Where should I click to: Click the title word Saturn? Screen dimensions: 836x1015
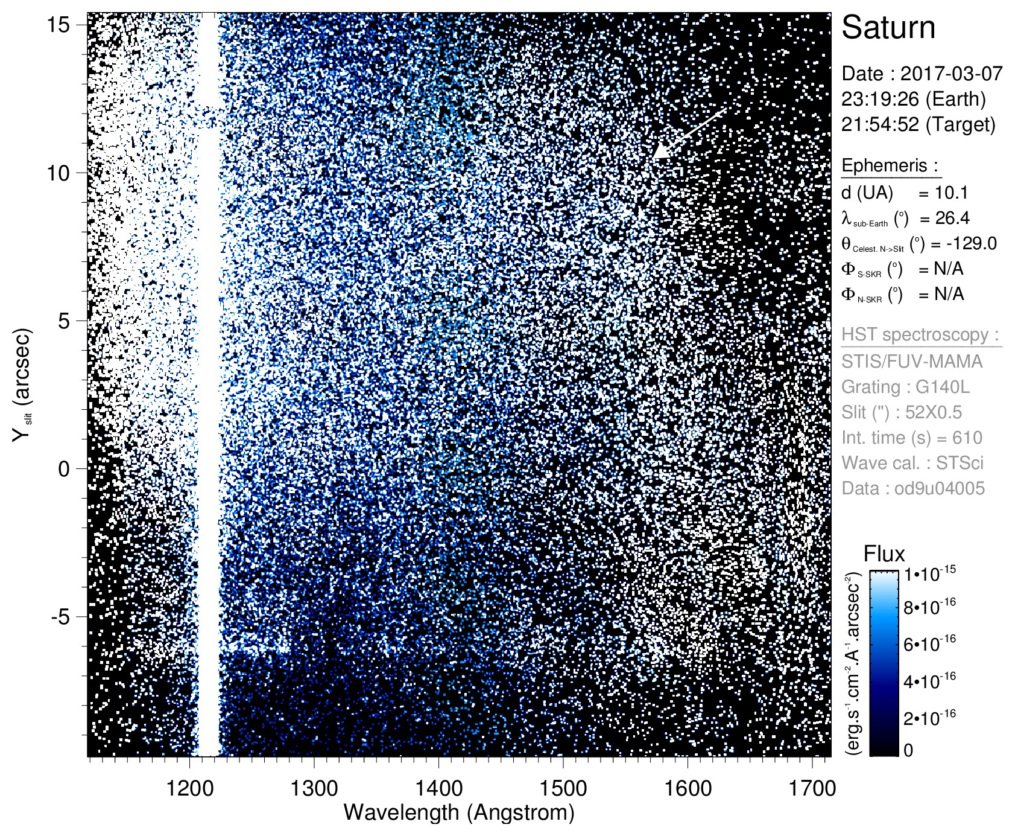888,28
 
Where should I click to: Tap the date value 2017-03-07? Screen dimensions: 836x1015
951,74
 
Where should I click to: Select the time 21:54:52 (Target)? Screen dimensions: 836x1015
918,124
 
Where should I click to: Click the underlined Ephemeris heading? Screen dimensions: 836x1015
890,165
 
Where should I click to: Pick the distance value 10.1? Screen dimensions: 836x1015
951,193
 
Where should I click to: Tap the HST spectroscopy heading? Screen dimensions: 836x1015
920,334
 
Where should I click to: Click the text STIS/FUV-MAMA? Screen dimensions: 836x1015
912,361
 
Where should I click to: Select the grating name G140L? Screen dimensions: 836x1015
943,386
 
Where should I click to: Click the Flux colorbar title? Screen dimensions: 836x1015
884,554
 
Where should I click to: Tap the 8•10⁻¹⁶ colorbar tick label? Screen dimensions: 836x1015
929,606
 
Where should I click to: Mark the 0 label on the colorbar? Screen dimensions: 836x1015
908,750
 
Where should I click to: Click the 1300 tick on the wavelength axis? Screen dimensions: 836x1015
314,788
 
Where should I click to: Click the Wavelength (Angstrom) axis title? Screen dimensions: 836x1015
458,812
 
